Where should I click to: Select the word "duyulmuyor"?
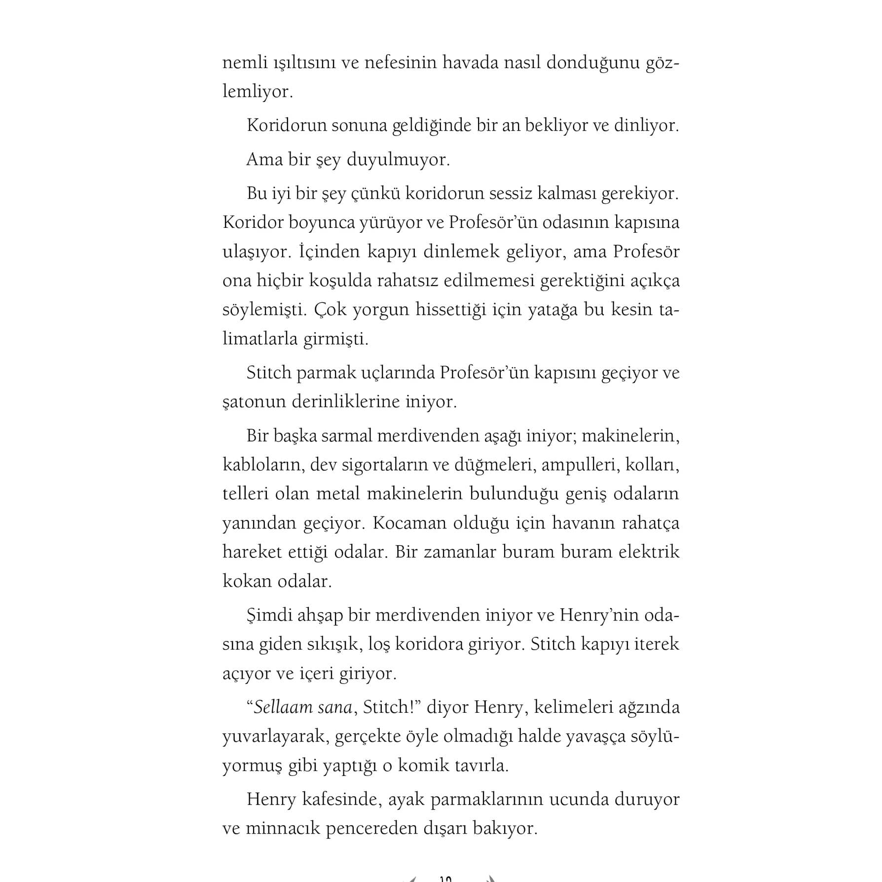(398, 160)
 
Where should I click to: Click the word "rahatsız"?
(407, 280)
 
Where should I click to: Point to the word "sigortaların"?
(374, 465)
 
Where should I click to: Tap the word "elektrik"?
(649, 551)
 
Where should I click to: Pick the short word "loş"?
(379, 644)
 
